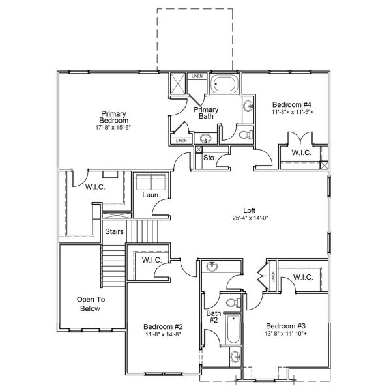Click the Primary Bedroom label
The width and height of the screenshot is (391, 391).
[114, 116]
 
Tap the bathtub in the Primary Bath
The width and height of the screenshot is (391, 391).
[225, 85]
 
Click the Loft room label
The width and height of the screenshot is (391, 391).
[249, 210]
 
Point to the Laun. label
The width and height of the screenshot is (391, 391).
[151, 195]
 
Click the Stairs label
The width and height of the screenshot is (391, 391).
[114, 231]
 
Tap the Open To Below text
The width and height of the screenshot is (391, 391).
[90, 304]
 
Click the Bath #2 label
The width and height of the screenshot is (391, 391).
[214, 317]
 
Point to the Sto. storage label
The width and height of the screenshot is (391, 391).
[210, 158]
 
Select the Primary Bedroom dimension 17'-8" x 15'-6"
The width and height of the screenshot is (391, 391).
[113, 128]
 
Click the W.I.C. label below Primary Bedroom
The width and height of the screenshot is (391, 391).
[95, 188]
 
